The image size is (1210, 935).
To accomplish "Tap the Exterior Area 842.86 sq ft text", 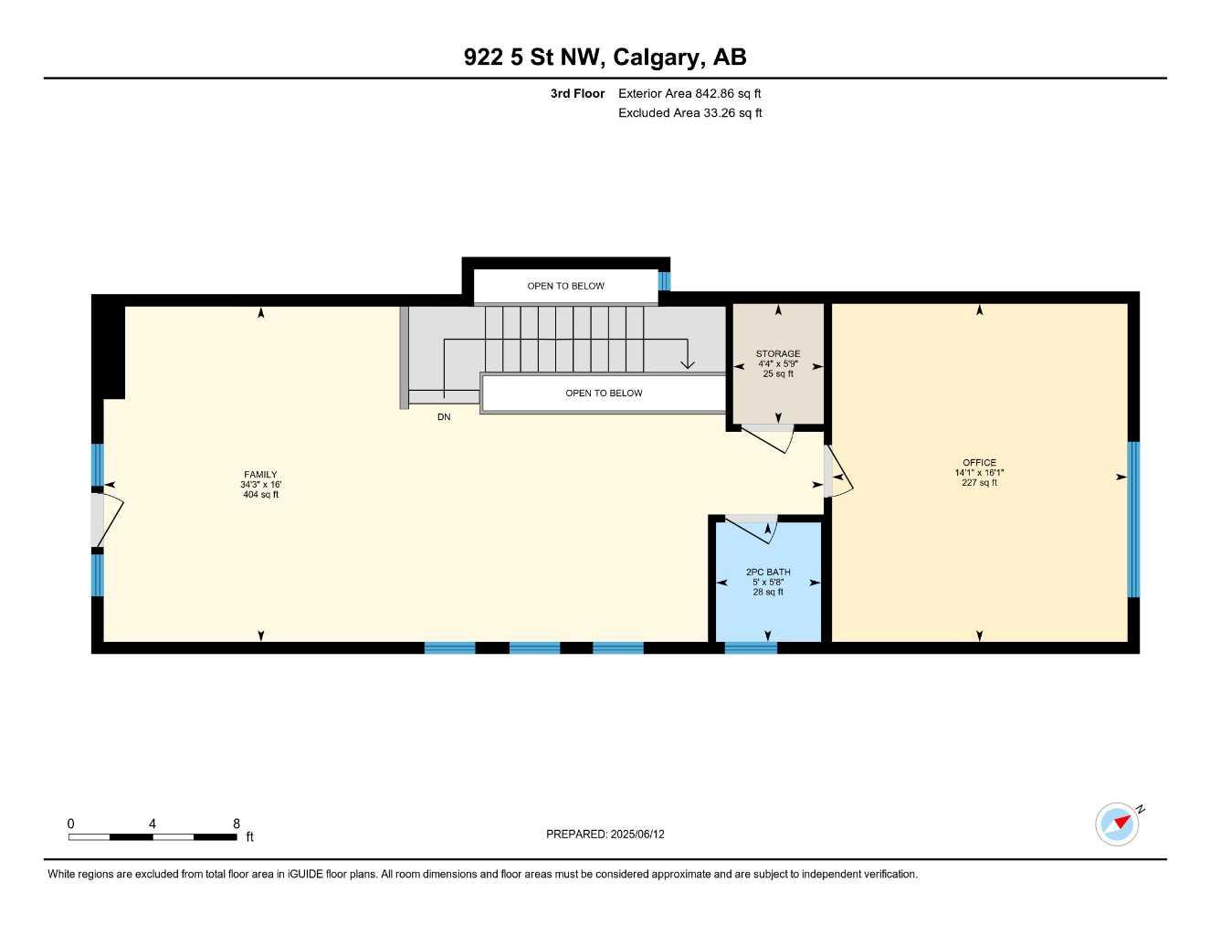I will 689,93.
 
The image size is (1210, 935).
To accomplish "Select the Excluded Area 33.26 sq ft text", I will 689,113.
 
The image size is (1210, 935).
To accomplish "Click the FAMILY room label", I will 260,475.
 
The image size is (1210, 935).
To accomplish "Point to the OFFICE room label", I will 979,463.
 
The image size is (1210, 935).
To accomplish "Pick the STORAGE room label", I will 778,354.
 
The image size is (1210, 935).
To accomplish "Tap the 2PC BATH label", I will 768,573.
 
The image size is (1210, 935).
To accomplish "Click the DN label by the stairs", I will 444,417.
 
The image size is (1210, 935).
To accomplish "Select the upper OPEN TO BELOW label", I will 565,286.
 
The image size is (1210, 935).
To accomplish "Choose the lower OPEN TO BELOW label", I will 604,394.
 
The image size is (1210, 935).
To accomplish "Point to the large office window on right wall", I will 1133,519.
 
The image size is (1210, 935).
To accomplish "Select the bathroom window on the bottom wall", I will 751,648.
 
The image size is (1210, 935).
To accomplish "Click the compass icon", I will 1118,825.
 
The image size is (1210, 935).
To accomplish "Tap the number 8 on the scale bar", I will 237,824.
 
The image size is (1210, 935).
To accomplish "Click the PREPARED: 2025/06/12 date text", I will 605,835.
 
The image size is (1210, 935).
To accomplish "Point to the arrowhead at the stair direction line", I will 688,364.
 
